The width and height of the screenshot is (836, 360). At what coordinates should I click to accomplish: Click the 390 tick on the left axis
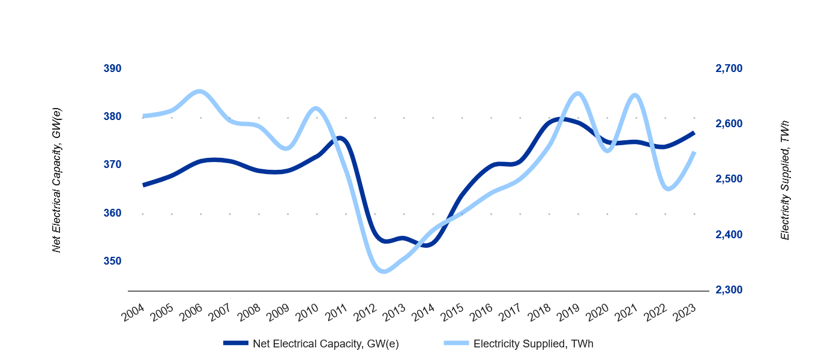pos(112,68)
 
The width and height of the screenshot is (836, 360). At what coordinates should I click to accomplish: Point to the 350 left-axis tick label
pos(112,261)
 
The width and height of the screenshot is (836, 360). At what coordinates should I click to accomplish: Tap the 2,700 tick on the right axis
pos(729,68)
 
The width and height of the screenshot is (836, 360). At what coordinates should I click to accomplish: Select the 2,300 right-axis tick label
pos(729,290)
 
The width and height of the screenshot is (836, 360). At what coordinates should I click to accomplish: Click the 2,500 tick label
pos(729,179)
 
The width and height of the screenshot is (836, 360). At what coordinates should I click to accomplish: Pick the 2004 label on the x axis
pos(133,312)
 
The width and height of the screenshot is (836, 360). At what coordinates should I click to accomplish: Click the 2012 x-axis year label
pos(365,312)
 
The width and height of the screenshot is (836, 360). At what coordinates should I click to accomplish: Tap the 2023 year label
pos(685,312)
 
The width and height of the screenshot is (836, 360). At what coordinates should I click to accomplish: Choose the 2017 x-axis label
pos(511,312)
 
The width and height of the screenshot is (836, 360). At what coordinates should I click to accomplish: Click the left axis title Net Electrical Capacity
pos(57,180)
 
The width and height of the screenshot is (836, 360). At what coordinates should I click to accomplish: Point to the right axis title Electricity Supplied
pos(785,180)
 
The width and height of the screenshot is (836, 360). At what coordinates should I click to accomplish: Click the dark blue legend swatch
pos(235,343)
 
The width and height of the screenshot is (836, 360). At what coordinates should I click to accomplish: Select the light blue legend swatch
pos(456,343)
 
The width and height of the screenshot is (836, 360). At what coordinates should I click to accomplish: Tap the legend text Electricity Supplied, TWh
pos(533,344)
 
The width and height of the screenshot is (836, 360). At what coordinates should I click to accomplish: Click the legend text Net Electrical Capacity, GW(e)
pos(325,344)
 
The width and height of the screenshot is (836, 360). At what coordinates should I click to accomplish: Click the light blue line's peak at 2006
pos(200,92)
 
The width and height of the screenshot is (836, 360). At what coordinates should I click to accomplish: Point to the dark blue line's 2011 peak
pos(340,139)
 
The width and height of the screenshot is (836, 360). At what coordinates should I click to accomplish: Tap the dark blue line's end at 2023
pos(694,132)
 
